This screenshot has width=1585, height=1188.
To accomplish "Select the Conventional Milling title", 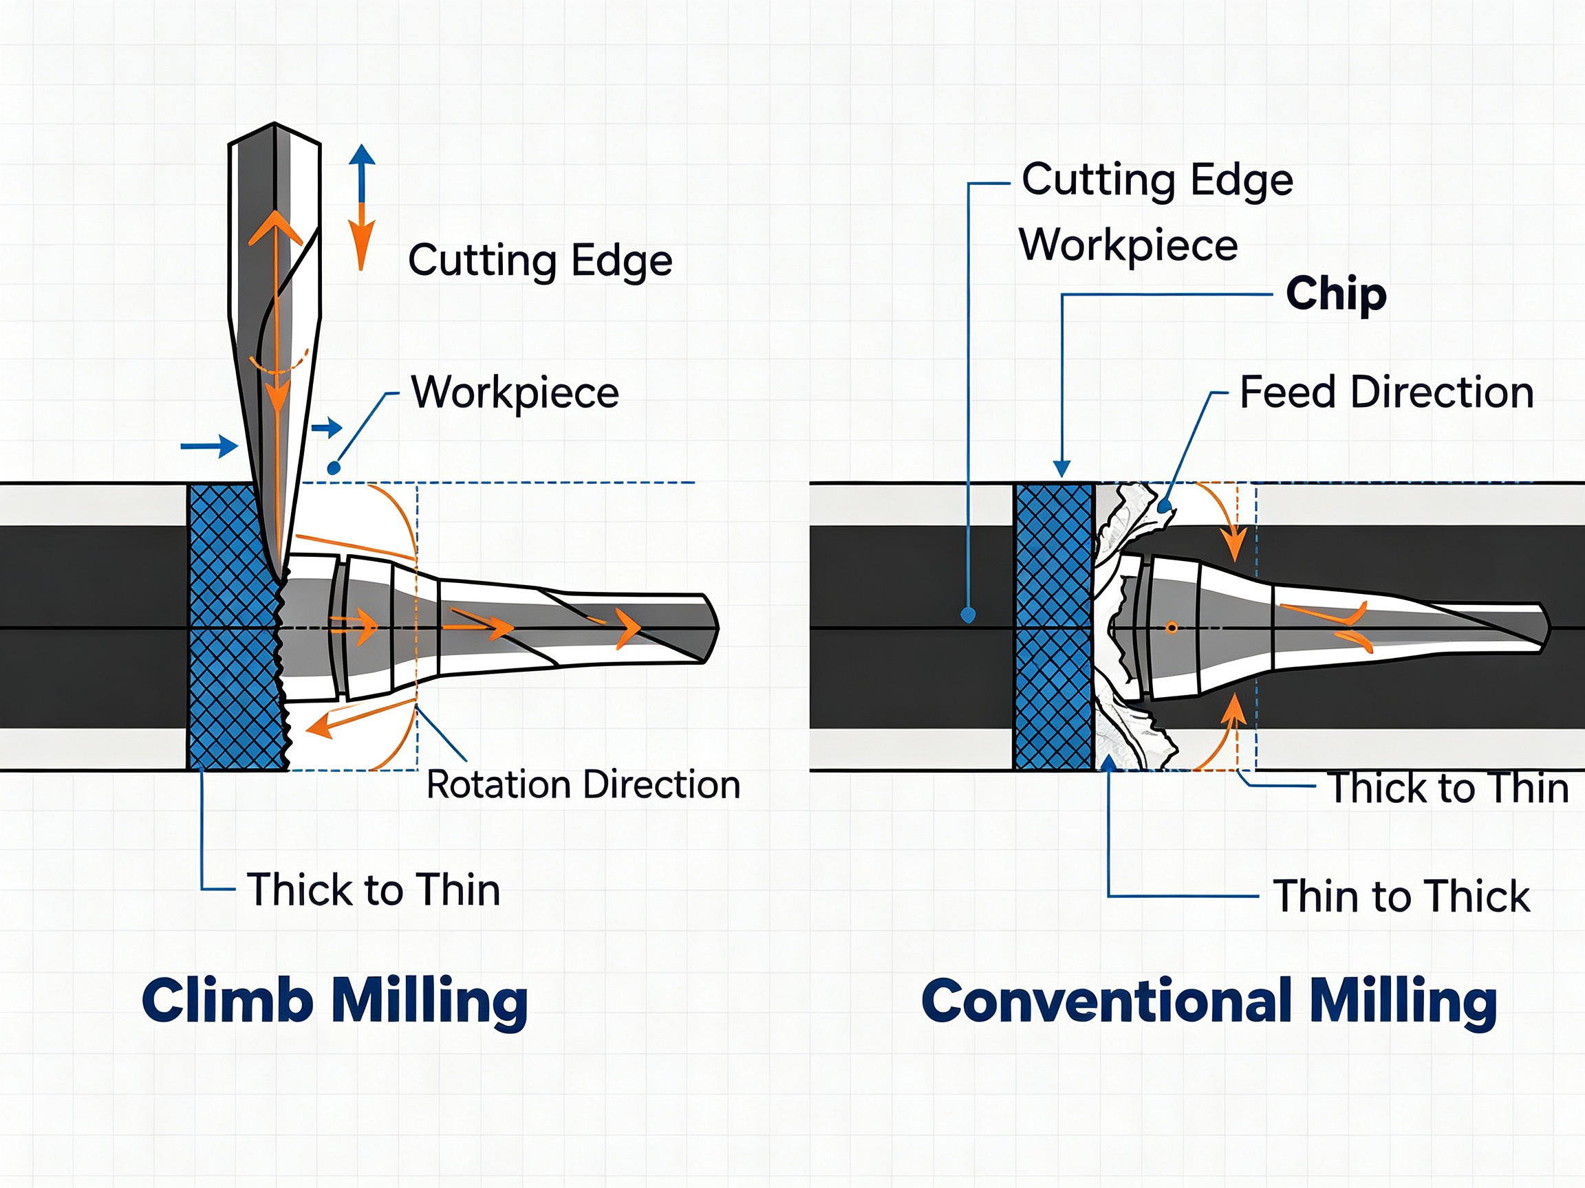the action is (1209, 1002).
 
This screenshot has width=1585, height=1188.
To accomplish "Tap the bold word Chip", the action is (1337, 294).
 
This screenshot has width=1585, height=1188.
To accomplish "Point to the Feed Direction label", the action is (1386, 393).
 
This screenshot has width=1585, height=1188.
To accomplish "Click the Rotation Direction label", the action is (583, 785).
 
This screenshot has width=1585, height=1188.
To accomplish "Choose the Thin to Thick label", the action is (1401, 896).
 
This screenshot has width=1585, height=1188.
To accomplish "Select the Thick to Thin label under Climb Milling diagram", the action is (374, 890).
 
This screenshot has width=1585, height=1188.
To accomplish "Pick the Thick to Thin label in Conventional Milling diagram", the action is (1448, 789).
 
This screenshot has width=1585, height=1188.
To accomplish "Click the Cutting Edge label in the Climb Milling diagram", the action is (540, 261).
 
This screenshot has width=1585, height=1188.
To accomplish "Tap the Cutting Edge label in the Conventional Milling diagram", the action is (1157, 179).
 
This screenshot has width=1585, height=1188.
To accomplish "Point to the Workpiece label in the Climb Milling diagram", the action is (515, 393).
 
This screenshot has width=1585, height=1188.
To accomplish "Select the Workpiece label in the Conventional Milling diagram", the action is (1129, 245).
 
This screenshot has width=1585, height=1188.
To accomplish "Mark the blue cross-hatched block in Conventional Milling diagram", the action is (1055, 627).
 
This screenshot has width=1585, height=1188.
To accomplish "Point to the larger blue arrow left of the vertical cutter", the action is (209, 446).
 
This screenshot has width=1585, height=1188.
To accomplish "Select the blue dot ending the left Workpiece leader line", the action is (334, 468).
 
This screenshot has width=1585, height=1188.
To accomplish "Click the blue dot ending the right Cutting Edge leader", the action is (968, 615).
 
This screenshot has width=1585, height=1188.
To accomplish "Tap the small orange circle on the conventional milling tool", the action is (1172, 628).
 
